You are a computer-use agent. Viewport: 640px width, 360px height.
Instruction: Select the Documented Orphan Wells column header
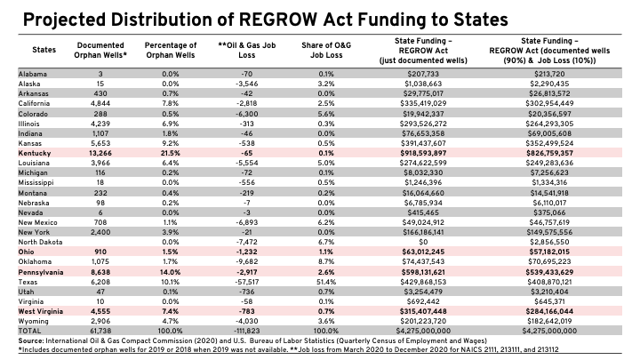click(100, 50)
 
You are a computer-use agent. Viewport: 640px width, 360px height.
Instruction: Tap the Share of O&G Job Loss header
click(326, 50)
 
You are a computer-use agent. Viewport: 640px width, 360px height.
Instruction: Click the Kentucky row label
click(35, 153)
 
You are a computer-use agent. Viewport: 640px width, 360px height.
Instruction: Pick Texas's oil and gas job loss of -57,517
click(247, 282)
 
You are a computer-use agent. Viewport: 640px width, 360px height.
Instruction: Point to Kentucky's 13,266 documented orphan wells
click(100, 153)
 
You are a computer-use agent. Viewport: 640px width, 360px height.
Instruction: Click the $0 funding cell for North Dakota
click(423, 242)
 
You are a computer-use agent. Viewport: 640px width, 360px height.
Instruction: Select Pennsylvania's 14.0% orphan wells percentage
click(170, 272)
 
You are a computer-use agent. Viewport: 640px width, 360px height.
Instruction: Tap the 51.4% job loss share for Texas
click(326, 282)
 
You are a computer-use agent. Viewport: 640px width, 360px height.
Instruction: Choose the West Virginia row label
click(41, 311)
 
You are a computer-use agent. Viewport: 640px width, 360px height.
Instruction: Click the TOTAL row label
click(30, 331)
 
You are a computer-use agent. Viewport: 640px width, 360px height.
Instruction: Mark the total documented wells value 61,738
click(100, 331)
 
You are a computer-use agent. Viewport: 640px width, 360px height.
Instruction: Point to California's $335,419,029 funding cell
click(423, 103)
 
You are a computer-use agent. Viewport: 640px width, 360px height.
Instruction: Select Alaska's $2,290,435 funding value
click(549, 84)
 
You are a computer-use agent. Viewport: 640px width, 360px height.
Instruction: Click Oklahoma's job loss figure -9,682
click(247, 261)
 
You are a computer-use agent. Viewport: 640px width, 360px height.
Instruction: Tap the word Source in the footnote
click(30, 340)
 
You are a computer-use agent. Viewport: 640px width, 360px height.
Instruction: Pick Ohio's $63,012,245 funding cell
click(423, 252)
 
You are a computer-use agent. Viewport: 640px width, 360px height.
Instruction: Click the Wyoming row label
click(34, 321)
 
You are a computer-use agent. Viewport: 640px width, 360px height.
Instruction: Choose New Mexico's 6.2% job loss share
click(326, 222)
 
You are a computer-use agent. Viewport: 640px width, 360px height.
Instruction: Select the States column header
click(44, 50)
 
